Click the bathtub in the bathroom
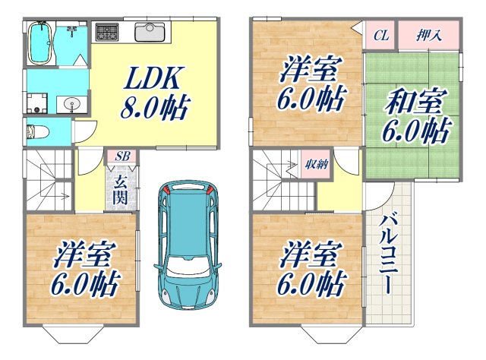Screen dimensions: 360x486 [39, 44]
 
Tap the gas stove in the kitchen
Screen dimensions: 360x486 [107, 33]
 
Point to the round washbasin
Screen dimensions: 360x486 [72, 103]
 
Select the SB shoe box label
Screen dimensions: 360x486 [121, 156]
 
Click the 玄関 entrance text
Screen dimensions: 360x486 [121, 189]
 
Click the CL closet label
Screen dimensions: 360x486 [381, 34]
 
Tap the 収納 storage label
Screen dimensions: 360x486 [317, 165]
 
